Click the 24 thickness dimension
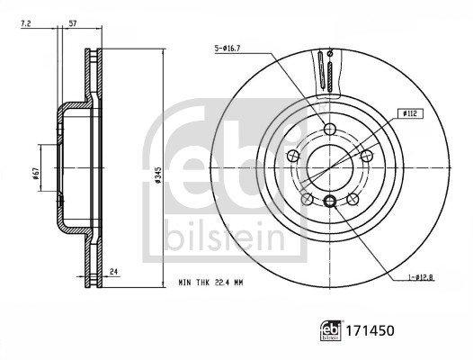tap(113, 269)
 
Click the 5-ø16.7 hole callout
tap(228, 48)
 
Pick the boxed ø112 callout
tap(409, 112)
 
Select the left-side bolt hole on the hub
tap(291, 157)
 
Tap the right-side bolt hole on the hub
tap(368, 156)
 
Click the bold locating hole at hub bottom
tap(330, 200)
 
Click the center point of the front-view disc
tap(330, 167)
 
